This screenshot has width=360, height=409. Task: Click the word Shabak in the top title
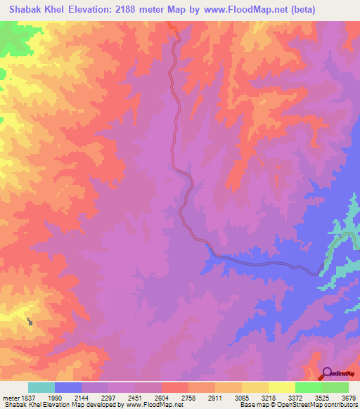[x=29, y=10]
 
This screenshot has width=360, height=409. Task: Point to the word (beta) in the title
[x=304, y=10]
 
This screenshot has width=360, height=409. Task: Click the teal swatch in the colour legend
[x=41, y=387]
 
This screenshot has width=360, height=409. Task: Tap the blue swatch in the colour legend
[x=68, y=387]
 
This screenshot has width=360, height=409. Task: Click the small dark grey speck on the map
[x=30, y=321]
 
